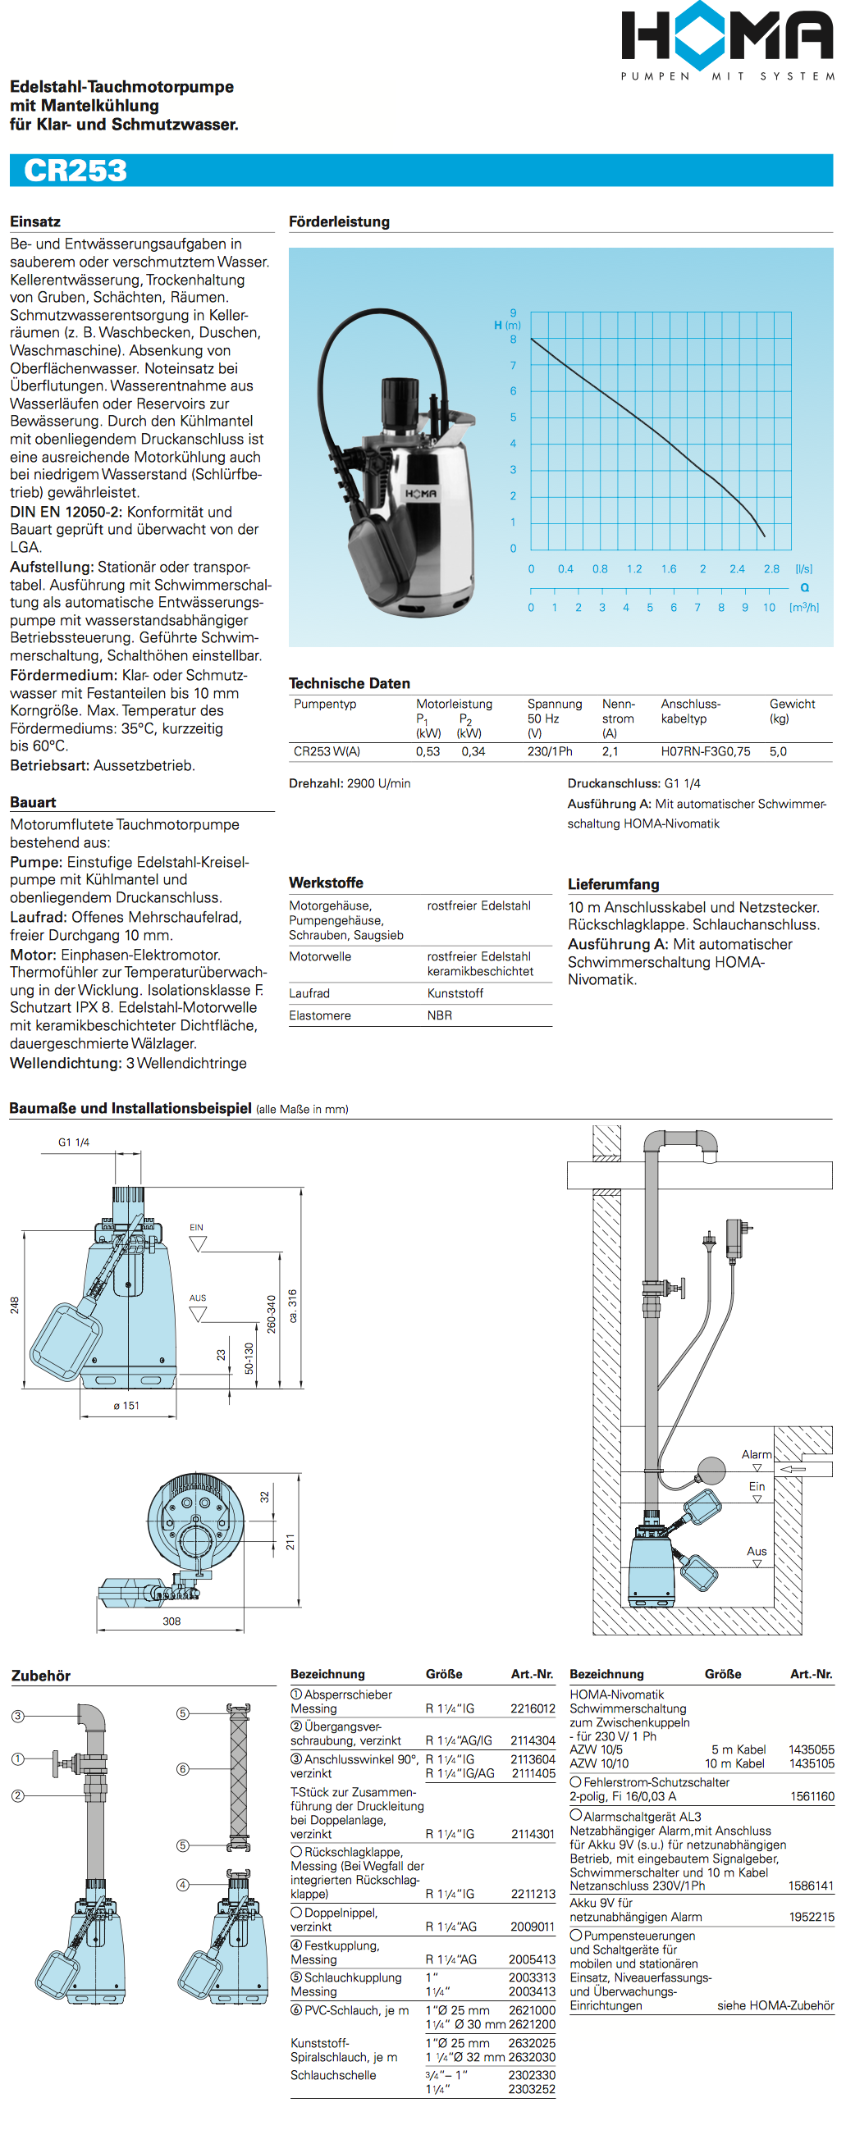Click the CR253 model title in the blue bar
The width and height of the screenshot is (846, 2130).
click(75, 171)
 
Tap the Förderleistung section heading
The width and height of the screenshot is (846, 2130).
click(339, 221)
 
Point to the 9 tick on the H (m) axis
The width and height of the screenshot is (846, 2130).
click(513, 312)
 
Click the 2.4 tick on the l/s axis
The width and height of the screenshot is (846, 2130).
click(737, 569)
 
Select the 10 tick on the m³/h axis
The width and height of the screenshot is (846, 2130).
click(769, 608)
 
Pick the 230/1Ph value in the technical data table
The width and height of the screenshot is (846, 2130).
click(550, 751)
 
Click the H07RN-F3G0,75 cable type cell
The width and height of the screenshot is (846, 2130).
click(706, 751)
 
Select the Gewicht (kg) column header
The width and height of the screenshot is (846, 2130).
click(791, 711)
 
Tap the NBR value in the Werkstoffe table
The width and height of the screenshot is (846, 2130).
click(440, 1015)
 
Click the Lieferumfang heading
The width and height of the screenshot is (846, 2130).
click(614, 884)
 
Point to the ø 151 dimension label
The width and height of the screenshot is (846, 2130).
click(126, 1406)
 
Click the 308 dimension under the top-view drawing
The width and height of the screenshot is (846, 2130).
click(171, 1621)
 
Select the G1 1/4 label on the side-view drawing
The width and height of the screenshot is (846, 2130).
click(74, 1142)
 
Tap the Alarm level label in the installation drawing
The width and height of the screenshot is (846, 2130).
click(756, 1454)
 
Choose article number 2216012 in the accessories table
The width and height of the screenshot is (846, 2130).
click(533, 1708)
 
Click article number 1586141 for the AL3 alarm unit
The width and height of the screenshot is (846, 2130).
click(811, 1886)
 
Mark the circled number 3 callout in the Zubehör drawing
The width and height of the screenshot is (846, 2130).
click(17, 1716)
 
